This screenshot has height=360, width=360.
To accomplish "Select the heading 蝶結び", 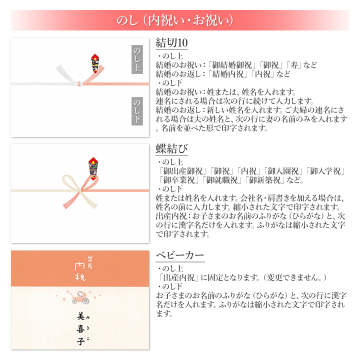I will coord(171,149).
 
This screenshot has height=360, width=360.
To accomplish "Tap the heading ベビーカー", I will coord(180,255).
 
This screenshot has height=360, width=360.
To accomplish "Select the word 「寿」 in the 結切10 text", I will coord(295,65).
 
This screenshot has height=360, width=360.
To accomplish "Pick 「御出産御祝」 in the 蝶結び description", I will coord(183,171).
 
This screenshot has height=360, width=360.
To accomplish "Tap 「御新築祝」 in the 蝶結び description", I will coord(264,180).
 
